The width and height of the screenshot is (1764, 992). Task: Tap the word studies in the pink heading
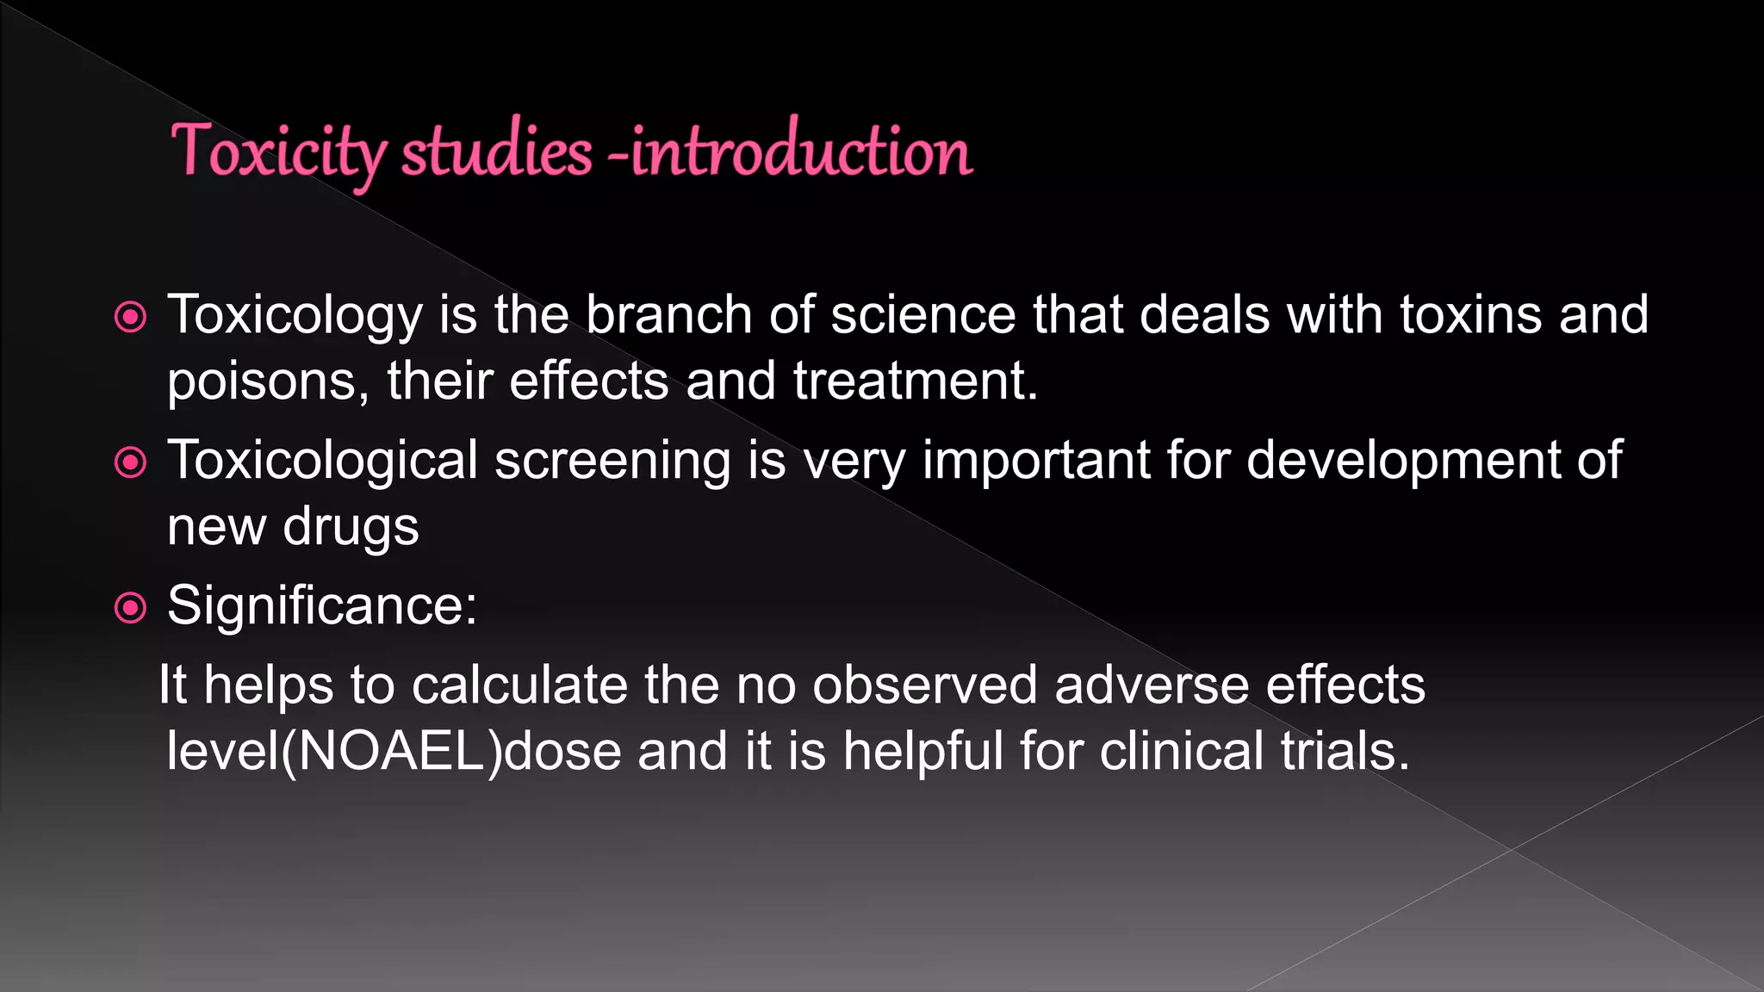496,151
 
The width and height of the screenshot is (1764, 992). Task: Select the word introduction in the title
801,151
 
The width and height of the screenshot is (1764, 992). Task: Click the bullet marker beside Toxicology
130,318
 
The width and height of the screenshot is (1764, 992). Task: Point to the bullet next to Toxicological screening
130,463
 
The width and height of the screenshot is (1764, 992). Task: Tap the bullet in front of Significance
130,609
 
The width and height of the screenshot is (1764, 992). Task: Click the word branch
668,314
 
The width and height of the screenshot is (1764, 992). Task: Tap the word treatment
916,381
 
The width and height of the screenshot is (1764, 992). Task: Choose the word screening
612,461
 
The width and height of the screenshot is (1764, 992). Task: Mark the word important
1036,461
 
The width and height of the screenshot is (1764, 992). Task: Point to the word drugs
351,527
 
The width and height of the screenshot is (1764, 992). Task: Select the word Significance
321,605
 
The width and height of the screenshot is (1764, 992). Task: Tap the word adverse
1152,685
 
